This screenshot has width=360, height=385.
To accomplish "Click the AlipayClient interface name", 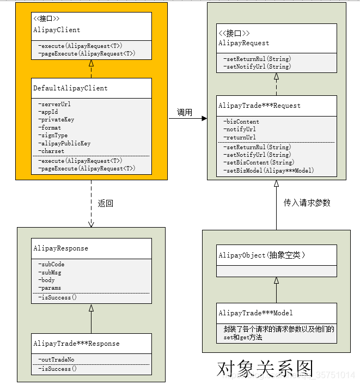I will click(57, 30).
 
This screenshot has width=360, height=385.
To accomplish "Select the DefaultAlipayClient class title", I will click(70, 88).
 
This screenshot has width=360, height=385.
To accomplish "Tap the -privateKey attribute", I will click(56, 120).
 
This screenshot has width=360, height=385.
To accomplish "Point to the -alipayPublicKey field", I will click(64, 143).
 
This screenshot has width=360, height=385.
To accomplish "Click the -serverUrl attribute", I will click(54, 104).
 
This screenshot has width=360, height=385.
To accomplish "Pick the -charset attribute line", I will click(51, 151).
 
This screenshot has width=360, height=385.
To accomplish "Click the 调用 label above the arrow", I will click(185, 113).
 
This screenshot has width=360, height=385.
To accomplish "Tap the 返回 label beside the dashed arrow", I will click(106, 204).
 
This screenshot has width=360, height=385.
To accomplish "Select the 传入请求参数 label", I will click(307, 203).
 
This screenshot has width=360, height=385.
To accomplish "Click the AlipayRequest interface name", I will click(243, 42).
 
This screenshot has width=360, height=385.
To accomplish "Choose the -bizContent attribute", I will click(241, 121).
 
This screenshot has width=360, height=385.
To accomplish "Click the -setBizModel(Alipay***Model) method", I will click(269, 170).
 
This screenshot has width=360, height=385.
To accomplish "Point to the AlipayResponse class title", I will click(60, 248).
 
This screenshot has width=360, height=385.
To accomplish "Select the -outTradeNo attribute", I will click(56, 359).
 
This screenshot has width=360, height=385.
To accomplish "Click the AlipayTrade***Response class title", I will click(76, 344).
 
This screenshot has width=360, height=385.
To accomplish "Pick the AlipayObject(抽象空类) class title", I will click(261, 255).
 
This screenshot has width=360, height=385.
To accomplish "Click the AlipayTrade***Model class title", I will click(255, 313).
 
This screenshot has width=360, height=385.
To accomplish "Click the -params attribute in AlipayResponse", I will click(50, 288).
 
